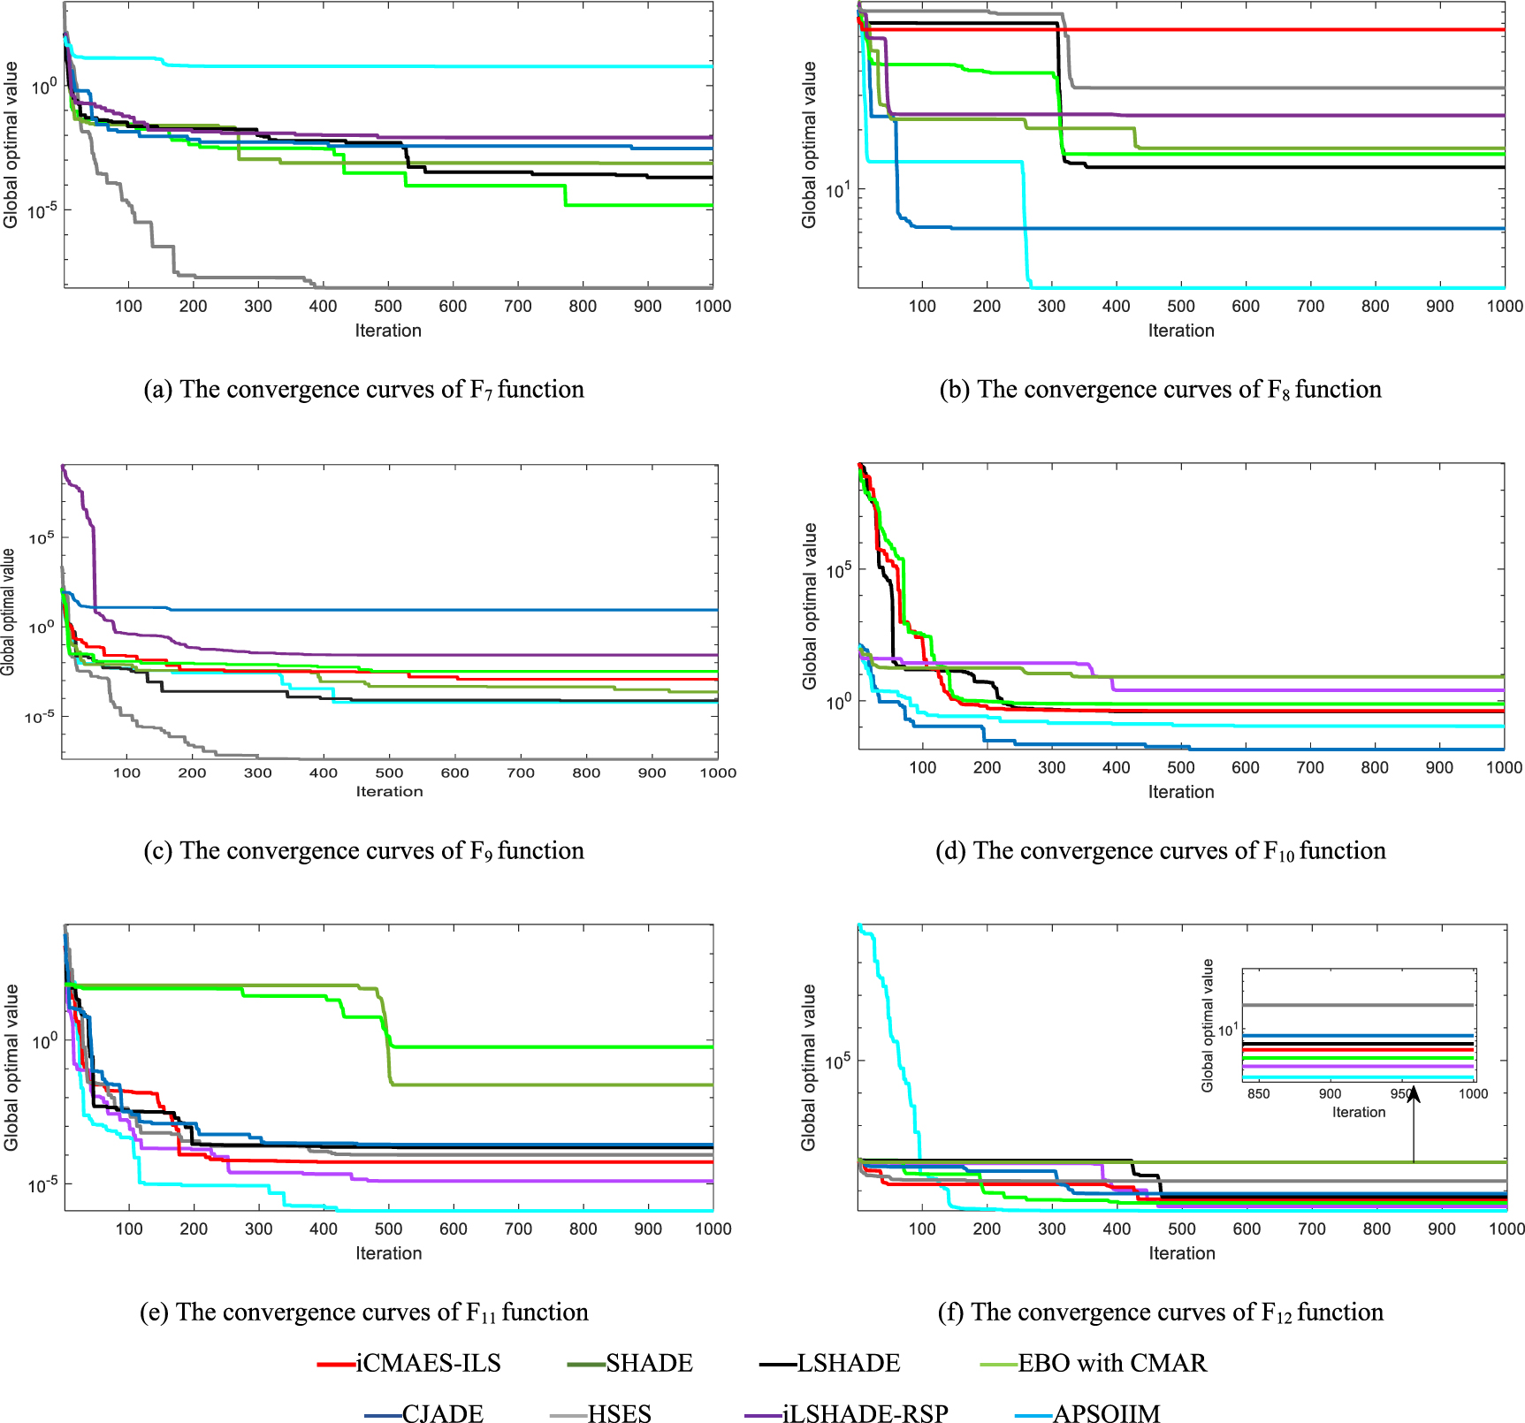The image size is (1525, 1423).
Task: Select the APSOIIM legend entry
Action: [x=1105, y=1413]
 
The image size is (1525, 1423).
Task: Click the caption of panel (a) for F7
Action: [x=363, y=389]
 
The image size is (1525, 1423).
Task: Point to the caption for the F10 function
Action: [x=1160, y=850]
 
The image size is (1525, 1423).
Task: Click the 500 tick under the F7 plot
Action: [x=388, y=306]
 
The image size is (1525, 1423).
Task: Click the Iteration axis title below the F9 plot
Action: [x=389, y=791]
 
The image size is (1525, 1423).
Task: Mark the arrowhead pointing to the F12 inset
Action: [x=1414, y=1094]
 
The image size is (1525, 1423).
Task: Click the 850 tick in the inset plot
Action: [x=1257, y=1093]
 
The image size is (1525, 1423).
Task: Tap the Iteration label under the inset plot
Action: [x=1359, y=1112]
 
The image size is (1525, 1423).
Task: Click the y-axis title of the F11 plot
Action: [x=11, y=1067]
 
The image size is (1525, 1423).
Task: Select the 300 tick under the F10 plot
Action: [x=1051, y=767]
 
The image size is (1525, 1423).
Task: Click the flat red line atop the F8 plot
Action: [x=1238, y=30]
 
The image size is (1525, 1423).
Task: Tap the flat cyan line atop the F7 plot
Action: [x=442, y=66]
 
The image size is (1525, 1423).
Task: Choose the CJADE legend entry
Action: [x=442, y=1413]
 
